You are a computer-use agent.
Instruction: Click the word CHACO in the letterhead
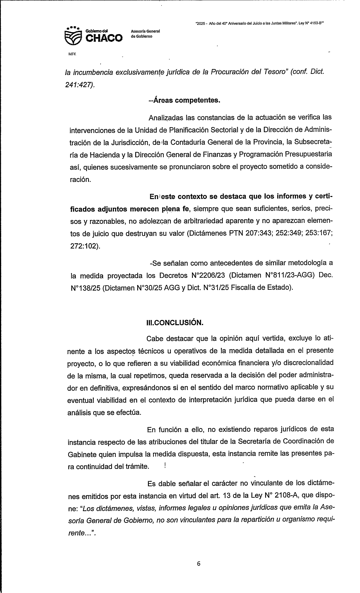coord(104,38)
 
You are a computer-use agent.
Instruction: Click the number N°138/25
coord(85,288)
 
